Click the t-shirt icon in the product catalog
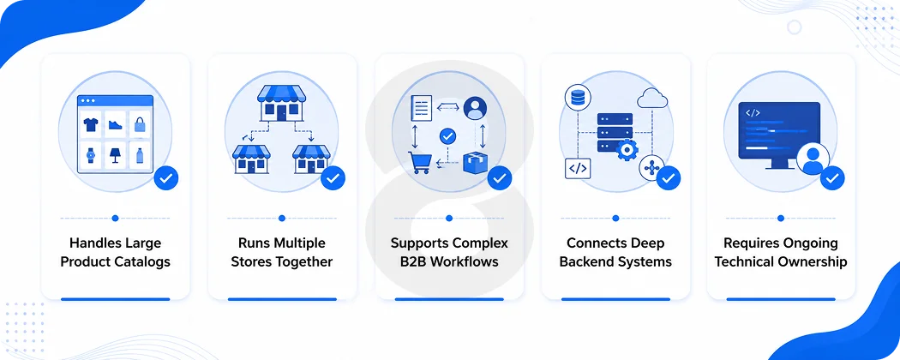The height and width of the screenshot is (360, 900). (x=90, y=125)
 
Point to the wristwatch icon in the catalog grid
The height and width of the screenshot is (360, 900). (x=90, y=156)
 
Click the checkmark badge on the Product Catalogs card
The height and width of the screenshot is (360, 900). (x=166, y=178)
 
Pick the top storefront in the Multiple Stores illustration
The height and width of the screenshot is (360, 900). (x=280, y=104)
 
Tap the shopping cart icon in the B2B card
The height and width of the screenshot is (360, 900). (x=419, y=163)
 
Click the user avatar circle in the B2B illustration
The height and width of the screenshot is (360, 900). (x=475, y=107)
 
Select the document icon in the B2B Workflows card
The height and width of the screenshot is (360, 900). (x=421, y=108)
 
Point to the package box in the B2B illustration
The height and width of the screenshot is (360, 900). (x=476, y=163)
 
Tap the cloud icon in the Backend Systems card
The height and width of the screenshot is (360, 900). (x=652, y=99)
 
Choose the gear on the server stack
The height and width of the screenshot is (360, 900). (x=627, y=150)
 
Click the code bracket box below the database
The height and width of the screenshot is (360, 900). (x=578, y=168)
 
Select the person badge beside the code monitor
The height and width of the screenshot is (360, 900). (x=813, y=159)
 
